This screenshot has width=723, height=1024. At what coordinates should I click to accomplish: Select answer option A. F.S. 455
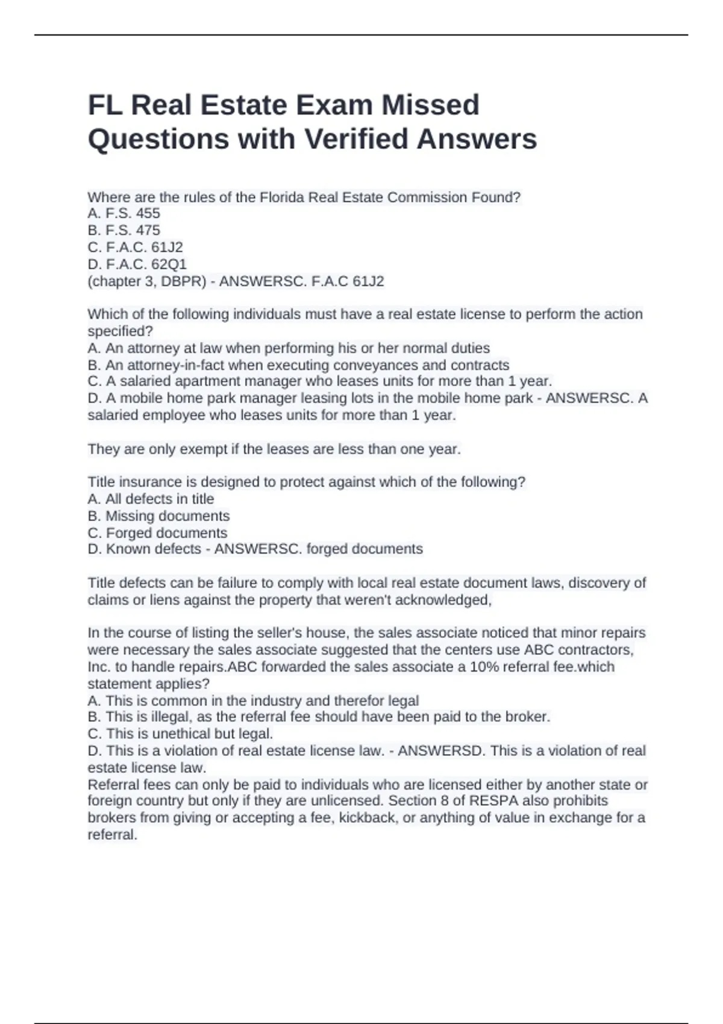[x=124, y=214]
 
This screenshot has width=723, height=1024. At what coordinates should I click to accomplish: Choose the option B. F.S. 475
[x=124, y=231]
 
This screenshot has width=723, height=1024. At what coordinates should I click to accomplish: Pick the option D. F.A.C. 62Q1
[x=137, y=264]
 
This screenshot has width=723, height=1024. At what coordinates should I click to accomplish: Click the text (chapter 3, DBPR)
[x=147, y=281]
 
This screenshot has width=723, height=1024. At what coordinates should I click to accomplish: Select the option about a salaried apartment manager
[x=319, y=381]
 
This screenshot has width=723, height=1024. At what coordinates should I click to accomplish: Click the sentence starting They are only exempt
[x=274, y=449]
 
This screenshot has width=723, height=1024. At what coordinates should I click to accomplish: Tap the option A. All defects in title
[x=151, y=499]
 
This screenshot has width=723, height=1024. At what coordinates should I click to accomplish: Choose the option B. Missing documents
[x=158, y=516]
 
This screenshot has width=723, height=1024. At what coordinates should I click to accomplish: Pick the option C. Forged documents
[x=157, y=533]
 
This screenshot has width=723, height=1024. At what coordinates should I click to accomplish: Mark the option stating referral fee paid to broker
[x=319, y=717]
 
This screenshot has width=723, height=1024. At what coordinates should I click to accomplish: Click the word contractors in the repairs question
[x=597, y=650]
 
